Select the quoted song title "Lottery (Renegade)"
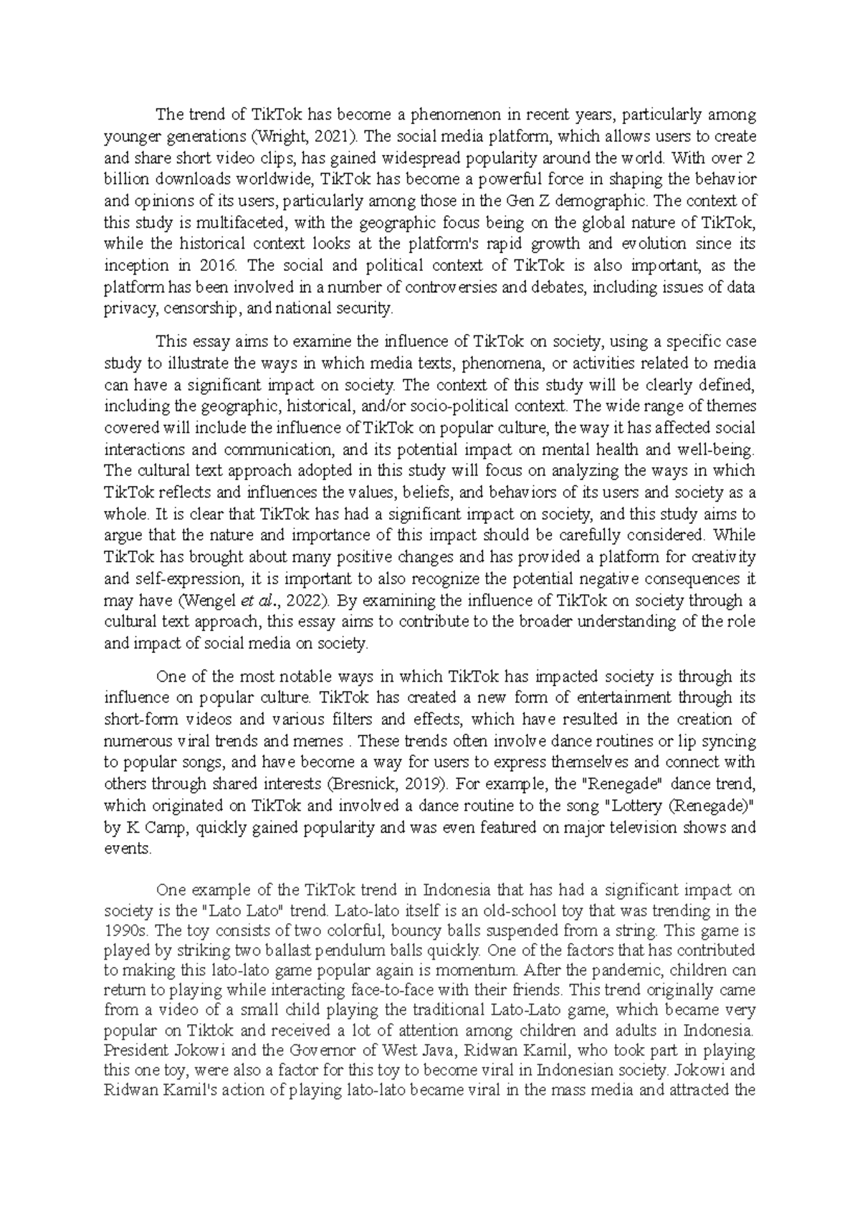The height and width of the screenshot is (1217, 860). [680, 806]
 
